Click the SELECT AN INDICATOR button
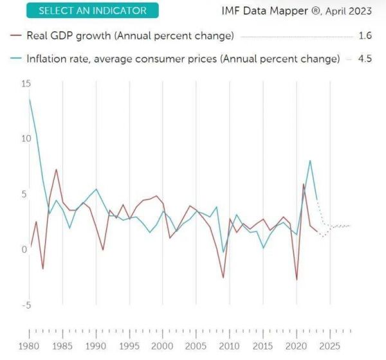tap(93, 11)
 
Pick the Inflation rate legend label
tap(183, 59)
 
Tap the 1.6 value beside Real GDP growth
tap(365, 35)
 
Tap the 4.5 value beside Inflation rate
tap(365, 59)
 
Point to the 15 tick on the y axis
tap(26, 84)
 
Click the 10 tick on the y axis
tap(26, 139)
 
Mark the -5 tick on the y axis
tap(26, 305)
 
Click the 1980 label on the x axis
tap(30, 345)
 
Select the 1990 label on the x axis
tap(96, 345)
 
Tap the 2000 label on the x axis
tap(163, 345)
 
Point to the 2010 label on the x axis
tap(230, 345)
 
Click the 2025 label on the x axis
tap(329, 345)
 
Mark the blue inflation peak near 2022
tap(310, 161)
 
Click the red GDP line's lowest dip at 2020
tap(297, 280)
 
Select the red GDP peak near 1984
tap(57, 170)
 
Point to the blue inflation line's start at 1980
tap(30, 99)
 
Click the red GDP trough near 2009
tap(223, 278)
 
